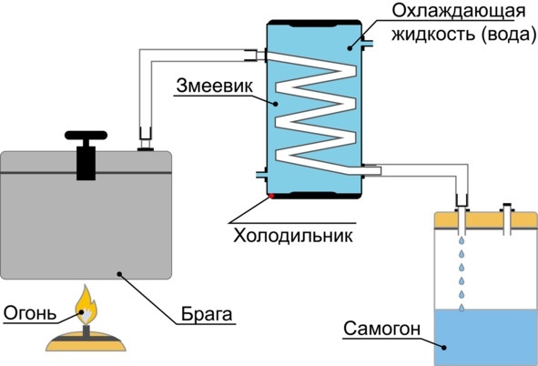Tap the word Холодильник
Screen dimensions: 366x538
tap(280, 234)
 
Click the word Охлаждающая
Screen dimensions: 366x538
tap(458, 12)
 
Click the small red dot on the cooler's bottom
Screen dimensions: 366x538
tap(270, 195)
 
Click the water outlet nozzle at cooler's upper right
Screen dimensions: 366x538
tap(367, 41)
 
